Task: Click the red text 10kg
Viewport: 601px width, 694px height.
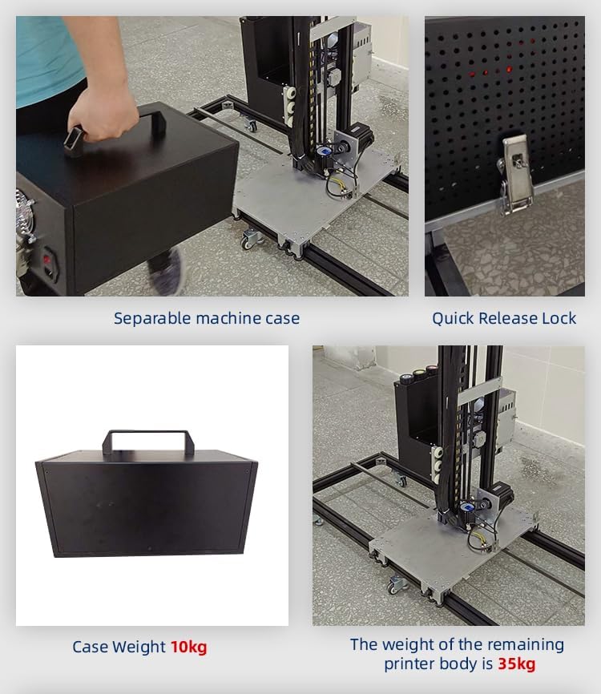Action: [x=189, y=647]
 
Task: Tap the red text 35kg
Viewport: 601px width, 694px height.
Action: [x=517, y=664]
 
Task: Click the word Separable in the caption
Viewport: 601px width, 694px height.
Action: [x=152, y=319]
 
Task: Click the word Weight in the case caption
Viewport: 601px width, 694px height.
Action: [x=139, y=648]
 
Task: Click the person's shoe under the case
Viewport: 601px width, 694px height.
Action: [x=167, y=272]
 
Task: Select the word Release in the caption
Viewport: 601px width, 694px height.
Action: [x=508, y=318]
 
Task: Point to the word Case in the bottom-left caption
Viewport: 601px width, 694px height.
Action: [x=90, y=647]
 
